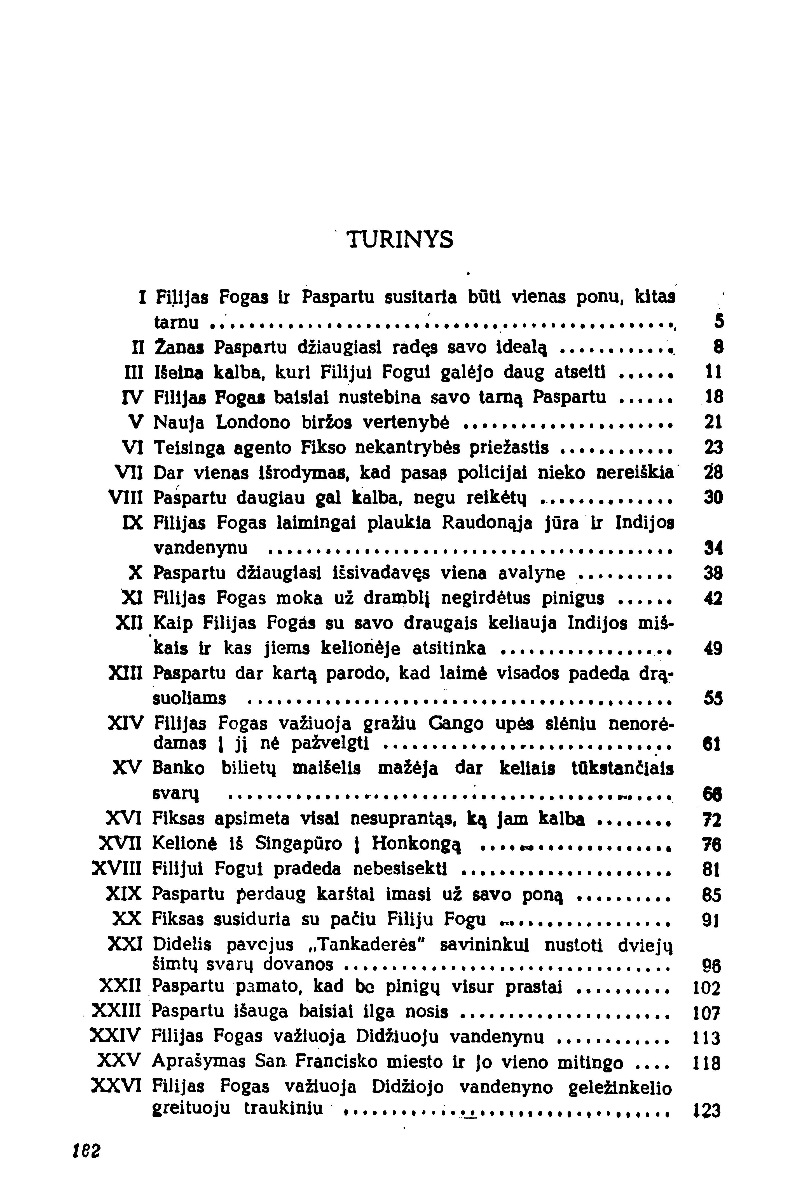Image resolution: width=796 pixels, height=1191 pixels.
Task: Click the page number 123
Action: tap(706, 1111)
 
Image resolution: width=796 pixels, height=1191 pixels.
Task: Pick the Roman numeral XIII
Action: tap(124, 673)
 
